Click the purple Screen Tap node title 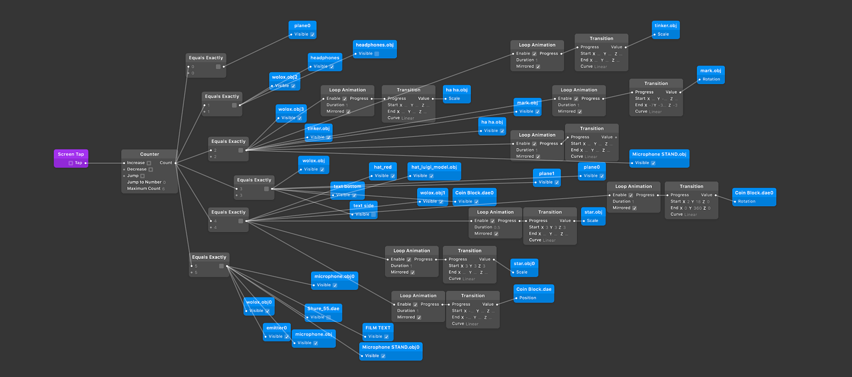(x=71, y=154)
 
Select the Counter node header (x=150, y=154)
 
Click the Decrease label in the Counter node (x=137, y=169)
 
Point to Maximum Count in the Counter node (x=144, y=188)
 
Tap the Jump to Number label (x=144, y=182)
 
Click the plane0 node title (x=302, y=26)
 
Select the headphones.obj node (x=375, y=45)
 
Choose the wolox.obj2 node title (x=285, y=77)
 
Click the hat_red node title (x=383, y=167)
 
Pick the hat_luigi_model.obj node (x=434, y=167)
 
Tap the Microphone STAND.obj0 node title (x=391, y=347)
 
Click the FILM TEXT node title (x=378, y=328)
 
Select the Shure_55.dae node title (x=323, y=309)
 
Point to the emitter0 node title (x=277, y=328)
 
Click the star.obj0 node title (x=525, y=264)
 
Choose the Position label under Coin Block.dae (x=528, y=298)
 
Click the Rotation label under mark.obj (x=711, y=79)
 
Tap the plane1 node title (x=546, y=174)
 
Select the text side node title (x=364, y=206)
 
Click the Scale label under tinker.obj (x=663, y=34)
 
